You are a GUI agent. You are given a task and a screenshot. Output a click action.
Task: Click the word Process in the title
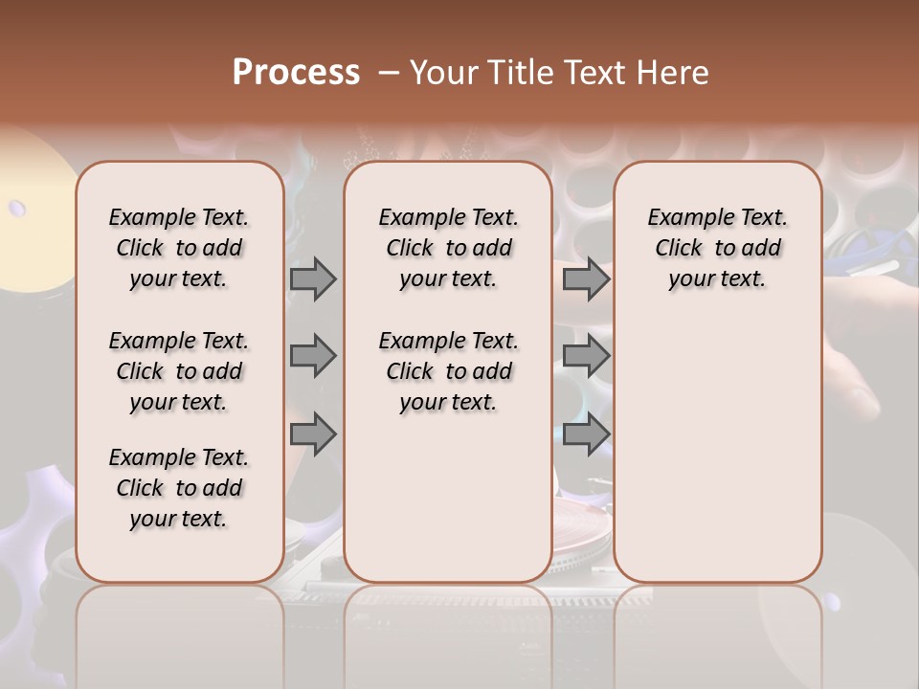pyautogui.click(x=296, y=73)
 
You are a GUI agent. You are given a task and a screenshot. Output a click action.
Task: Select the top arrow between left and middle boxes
pyautogui.click(x=313, y=279)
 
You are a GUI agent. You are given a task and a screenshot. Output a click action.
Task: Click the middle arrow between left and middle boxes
pyautogui.click(x=313, y=357)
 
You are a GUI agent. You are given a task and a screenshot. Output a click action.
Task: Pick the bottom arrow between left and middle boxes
pyautogui.click(x=313, y=435)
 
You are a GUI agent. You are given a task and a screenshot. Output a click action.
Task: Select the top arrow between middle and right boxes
pyautogui.click(x=586, y=279)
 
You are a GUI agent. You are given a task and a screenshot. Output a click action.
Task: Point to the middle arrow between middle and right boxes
pyautogui.click(x=586, y=357)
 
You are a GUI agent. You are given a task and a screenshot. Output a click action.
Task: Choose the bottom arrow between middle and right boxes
pyautogui.click(x=586, y=435)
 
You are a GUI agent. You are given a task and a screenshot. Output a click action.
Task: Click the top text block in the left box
pyautogui.click(x=179, y=248)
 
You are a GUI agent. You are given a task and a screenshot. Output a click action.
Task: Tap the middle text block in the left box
pyautogui.click(x=179, y=371)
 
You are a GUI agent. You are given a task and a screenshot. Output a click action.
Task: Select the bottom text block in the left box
pyautogui.click(x=179, y=488)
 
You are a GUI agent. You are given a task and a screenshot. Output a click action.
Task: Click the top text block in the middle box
pyautogui.click(x=448, y=248)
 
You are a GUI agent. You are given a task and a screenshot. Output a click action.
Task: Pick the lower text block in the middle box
pyautogui.click(x=448, y=371)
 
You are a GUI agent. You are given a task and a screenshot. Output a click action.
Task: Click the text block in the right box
pyautogui.click(x=718, y=248)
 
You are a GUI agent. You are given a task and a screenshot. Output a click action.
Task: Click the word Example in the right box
pyautogui.click(x=682, y=217)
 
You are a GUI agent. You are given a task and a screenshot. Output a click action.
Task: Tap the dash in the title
pyautogui.click(x=389, y=73)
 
